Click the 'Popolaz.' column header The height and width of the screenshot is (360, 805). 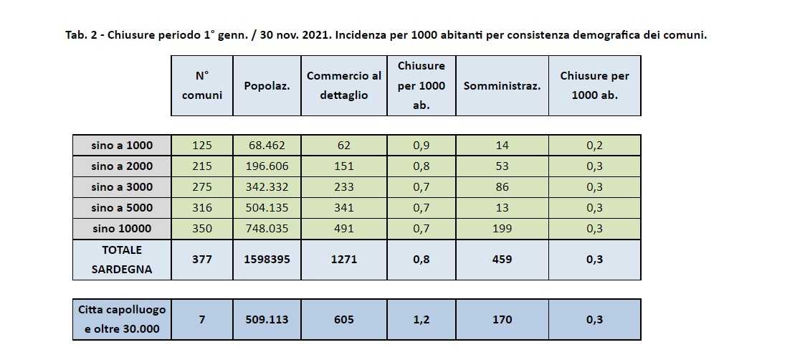[267, 86]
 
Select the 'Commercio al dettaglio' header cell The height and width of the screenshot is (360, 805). [344, 85]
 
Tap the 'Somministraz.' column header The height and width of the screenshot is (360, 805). [502, 86]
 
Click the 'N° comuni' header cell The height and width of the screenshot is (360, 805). [201, 85]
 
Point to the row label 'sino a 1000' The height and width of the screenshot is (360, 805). [122, 146]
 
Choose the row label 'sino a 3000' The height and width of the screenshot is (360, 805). [122, 187]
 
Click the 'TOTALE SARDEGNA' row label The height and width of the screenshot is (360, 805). [122, 260]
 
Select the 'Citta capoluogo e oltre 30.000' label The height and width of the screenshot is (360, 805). [122, 319]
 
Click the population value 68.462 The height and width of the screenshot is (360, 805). [267, 146]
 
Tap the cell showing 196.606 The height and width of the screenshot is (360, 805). [267, 166]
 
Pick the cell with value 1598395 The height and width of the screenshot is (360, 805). [267, 260]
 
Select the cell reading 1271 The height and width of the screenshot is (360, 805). [344, 260]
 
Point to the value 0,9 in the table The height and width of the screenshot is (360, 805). [421, 146]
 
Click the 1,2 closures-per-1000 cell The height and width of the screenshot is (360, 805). [421, 319]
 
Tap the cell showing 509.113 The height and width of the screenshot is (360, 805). [267, 319]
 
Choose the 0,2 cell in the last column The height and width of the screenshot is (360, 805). [594, 146]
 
